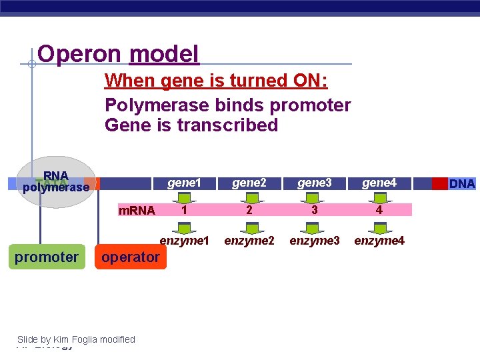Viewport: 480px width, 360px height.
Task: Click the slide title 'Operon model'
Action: click(118, 54)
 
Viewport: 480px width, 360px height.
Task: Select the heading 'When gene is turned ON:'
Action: click(216, 81)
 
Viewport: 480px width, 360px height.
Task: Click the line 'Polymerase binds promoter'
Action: click(227, 105)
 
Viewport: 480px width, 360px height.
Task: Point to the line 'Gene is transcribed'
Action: click(191, 125)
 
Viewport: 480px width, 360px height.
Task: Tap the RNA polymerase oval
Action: click(56, 182)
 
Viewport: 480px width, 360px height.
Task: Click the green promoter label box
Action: click(47, 257)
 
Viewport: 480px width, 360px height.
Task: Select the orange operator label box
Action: click(131, 257)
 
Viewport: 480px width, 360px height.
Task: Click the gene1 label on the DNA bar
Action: click(184, 183)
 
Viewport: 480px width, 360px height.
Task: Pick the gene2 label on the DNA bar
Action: click(249, 183)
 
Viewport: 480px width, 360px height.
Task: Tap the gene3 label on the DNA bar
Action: click(314, 183)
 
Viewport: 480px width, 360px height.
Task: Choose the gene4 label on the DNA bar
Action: click(379, 183)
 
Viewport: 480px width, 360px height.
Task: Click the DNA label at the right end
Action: click(462, 183)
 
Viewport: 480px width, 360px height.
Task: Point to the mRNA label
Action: click(136, 211)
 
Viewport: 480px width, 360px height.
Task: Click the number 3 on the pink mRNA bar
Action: click(314, 210)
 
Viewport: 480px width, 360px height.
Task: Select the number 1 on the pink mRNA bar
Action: click(184, 210)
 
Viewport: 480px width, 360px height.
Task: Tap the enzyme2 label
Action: click(249, 240)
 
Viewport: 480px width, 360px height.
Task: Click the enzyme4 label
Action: click(379, 240)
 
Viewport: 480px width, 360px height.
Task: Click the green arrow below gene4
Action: click(379, 197)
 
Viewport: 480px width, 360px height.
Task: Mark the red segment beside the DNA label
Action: click(440, 183)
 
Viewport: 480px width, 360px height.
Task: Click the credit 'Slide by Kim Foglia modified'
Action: click(76, 339)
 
